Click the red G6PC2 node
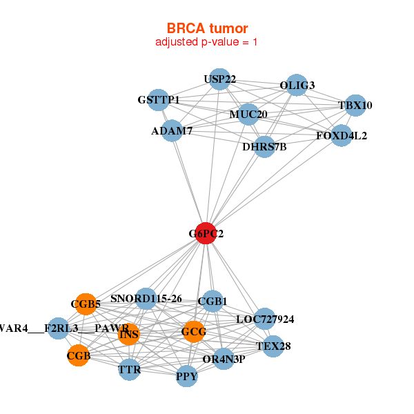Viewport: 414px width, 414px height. (206, 234)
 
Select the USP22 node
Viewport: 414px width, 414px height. (219, 79)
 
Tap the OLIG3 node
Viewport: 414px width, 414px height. (297, 85)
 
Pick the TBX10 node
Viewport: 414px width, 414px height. (355, 106)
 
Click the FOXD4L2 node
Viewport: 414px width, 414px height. (342, 135)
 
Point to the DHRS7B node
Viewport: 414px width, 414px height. (264, 146)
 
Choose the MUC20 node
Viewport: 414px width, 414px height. (248, 114)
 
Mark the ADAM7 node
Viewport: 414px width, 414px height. (172, 130)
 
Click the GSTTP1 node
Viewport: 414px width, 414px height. (159, 100)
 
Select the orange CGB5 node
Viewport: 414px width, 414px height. (86, 304)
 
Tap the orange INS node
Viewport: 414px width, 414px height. (129, 335)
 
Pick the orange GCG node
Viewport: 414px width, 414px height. (194, 332)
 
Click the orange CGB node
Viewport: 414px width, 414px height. (78, 356)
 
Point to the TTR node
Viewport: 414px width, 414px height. (129, 370)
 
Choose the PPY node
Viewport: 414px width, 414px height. (186, 376)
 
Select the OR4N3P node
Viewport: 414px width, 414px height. (224, 359)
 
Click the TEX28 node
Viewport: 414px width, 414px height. (273, 346)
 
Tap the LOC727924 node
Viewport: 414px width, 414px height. (265, 319)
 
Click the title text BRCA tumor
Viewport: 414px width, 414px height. (207, 28)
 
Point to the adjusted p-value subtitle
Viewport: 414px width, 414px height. (207, 42)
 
